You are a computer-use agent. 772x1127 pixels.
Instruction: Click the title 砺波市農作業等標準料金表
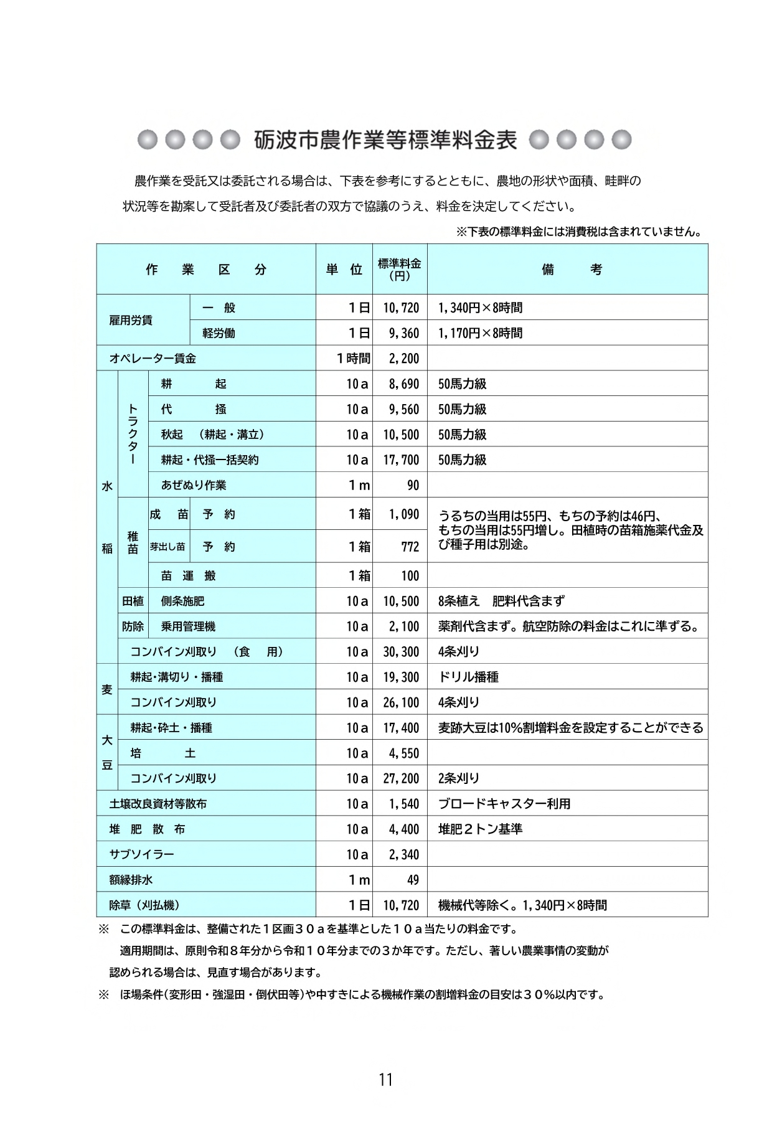click(385, 140)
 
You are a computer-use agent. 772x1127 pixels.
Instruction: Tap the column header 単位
click(344, 270)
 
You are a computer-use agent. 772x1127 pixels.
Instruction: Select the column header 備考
click(572, 270)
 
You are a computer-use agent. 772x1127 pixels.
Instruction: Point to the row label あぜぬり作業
click(194, 485)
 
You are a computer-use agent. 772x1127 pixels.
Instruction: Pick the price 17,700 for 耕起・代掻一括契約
click(402, 460)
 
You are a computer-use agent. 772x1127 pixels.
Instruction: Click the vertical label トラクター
click(132, 433)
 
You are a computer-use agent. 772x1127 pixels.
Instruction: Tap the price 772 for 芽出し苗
click(410, 547)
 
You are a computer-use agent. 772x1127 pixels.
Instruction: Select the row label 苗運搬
click(188, 576)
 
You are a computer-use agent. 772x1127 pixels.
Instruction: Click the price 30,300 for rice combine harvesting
click(402, 652)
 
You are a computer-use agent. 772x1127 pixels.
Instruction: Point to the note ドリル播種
click(468, 677)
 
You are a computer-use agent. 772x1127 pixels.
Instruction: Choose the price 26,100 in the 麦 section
click(402, 702)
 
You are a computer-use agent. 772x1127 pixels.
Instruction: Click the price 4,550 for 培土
click(404, 753)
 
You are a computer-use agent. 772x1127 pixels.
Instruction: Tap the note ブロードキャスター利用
click(504, 804)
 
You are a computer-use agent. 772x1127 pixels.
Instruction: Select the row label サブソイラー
click(142, 855)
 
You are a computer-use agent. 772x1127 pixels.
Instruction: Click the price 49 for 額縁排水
click(413, 880)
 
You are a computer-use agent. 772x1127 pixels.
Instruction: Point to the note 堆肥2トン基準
click(480, 829)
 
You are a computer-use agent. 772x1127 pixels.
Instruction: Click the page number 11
click(385, 1080)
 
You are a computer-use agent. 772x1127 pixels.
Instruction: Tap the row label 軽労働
click(219, 333)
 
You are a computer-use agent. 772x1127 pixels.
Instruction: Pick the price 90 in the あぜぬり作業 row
click(413, 486)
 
